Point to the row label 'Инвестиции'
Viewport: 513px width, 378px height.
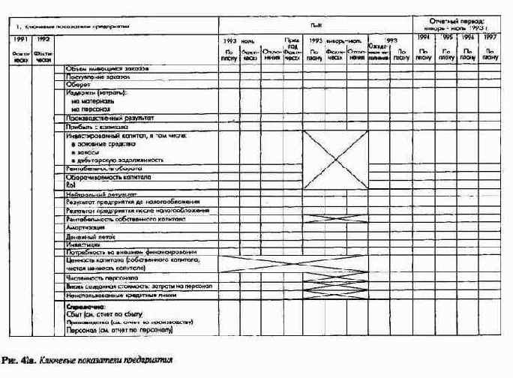[82, 244]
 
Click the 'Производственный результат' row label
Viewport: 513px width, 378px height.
[110, 118]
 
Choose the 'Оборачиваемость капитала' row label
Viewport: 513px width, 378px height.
[109, 178]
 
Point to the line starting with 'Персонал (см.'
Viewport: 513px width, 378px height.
[119, 330]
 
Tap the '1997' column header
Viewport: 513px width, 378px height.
[490, 37]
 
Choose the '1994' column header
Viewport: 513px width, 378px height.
[423, 37]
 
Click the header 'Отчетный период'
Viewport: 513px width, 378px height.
[457, 22]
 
